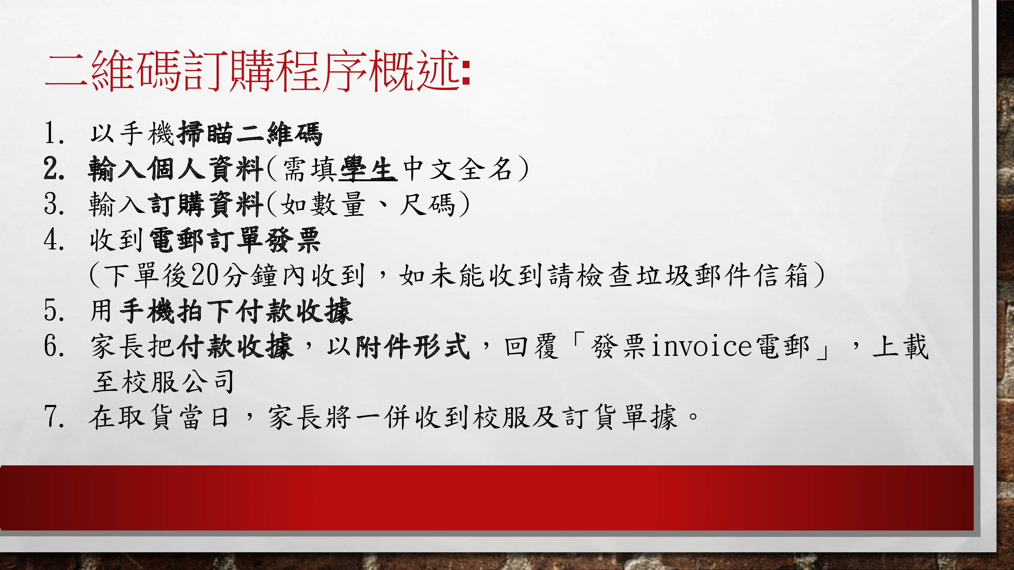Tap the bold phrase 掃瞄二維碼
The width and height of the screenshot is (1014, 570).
click(250, 134)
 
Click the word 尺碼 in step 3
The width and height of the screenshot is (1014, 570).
click(427, 204)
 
